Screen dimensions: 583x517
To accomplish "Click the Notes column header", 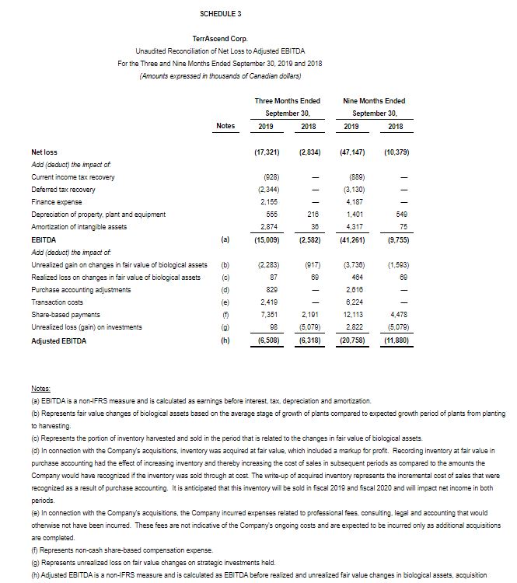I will [225, 125].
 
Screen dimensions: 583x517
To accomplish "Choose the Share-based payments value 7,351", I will [268, 314].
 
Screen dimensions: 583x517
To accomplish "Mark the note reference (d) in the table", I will [225, 290].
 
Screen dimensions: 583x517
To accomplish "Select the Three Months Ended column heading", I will [287, 100].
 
